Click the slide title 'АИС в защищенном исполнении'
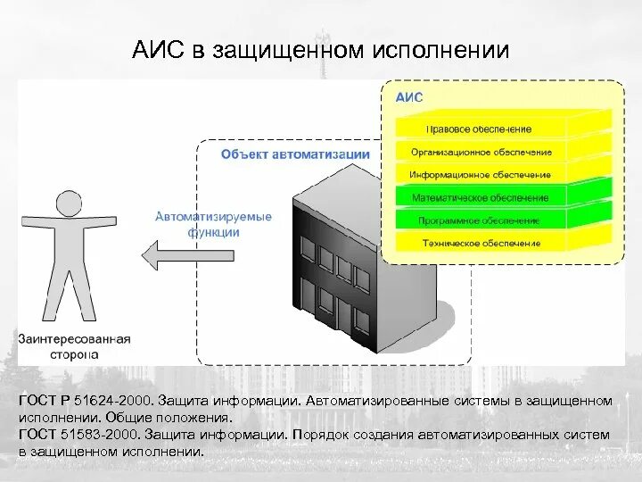(320, 49)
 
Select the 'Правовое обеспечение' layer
(479, 129)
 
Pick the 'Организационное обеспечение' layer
(480, 152)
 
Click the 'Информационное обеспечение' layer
(480, 174)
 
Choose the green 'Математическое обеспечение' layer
(480, 197)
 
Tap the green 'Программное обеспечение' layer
(480, 220)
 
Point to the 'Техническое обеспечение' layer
(480, 243)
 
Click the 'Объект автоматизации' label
(295, 154)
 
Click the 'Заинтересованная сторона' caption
(74, 346)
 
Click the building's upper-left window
(308, 253)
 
